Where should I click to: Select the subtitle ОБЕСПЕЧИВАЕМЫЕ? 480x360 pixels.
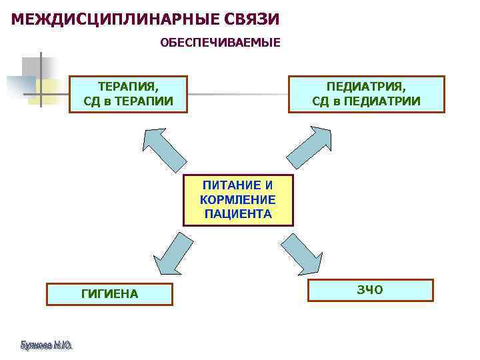pos(220,43)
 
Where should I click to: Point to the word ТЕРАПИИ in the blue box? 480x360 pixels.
pos(147,101)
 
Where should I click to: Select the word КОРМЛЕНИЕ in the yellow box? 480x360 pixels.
pos(237,199)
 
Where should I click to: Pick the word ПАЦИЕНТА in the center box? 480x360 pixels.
pos(238,214)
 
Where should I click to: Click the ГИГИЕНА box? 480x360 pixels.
pos(109,293)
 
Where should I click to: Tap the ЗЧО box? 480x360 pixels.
pos(370,290)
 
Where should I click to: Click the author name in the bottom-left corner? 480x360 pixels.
pos(46,345)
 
